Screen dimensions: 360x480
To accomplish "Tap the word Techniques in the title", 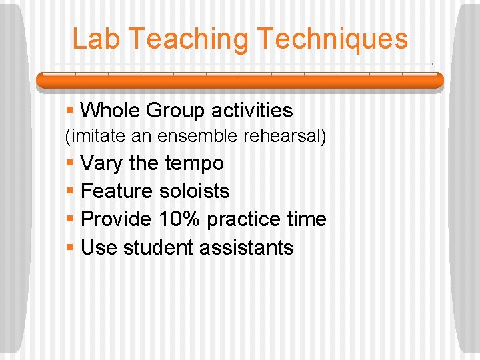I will [x=331, y=39].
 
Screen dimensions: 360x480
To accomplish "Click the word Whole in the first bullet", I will [x=110, y=110].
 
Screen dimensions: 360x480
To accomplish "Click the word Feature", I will [x=117, y=191].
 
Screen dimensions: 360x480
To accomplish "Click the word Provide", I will [x=117, y=219].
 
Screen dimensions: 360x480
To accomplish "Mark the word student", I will [x=159, y=247].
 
